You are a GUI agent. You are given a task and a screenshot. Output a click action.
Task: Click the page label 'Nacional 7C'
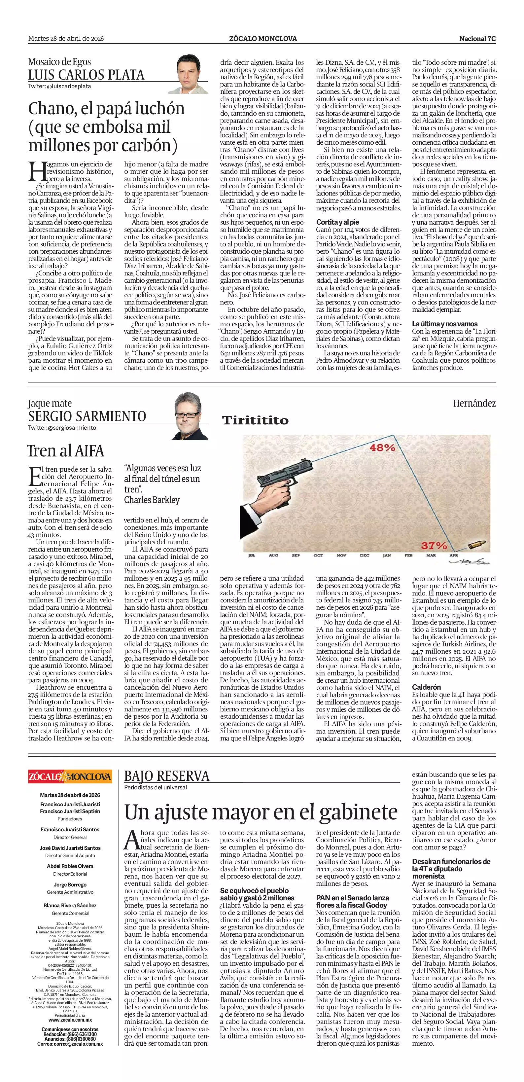point(477,39)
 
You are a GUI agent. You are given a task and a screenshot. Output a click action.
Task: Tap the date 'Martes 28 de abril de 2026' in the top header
point(66,39)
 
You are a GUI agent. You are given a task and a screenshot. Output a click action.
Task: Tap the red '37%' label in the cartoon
point(434,546)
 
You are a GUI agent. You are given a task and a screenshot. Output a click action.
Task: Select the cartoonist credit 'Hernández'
point(474,403)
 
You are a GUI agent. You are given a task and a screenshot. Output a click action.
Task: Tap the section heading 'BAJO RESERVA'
point(167,776)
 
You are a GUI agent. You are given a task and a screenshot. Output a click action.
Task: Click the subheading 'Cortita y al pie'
point(337,222)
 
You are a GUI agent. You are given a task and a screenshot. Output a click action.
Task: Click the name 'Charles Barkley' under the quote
point(152,500)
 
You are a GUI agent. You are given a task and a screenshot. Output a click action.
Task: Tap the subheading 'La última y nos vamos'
point(445,324)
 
